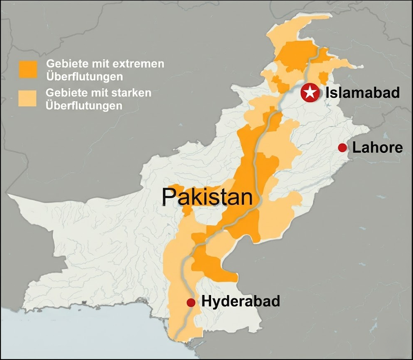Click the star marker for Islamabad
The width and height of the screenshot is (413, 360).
point(310,92)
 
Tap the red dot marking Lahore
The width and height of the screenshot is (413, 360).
point(342,147)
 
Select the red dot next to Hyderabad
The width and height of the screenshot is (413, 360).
point(191,303)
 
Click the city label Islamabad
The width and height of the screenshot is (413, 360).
point(363,92)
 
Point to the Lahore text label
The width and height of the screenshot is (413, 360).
point(377,147)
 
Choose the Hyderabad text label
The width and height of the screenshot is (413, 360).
point(240,301)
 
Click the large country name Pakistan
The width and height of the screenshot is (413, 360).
point(207,197)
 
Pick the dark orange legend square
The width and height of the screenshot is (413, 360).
point(28,69)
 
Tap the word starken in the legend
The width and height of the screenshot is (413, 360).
point(132,93)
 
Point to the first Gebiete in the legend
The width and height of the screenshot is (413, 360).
point(63,64)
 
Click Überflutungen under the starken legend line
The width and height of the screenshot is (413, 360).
point(84,106)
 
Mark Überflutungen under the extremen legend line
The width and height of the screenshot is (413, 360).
point(84,77)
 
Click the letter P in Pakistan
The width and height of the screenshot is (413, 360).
point(169,197)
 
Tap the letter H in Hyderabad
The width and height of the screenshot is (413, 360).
point(206,301)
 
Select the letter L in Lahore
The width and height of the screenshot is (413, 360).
point(356,147)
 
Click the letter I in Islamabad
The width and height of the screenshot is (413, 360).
point(328,92)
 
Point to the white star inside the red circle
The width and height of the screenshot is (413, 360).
point(310,92)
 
